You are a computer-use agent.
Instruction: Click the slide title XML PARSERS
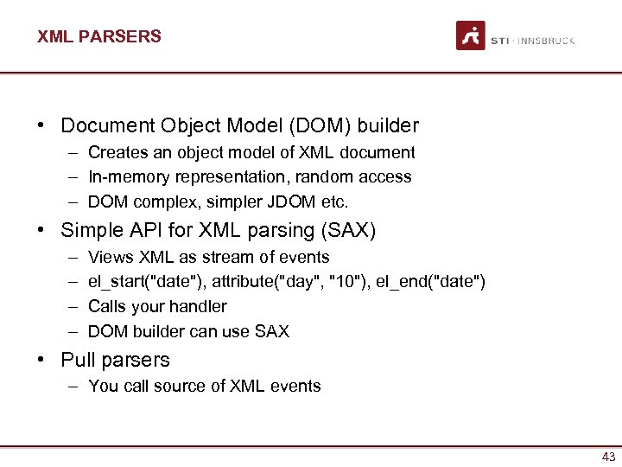pos(98,36)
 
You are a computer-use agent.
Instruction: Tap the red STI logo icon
pos(471,36)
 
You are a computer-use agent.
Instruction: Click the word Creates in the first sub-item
pos(116,153)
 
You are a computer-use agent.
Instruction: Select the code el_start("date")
pos(146,282)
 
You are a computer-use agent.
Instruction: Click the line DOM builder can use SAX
pos(188,331)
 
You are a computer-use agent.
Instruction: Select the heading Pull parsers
pos(115,360)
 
